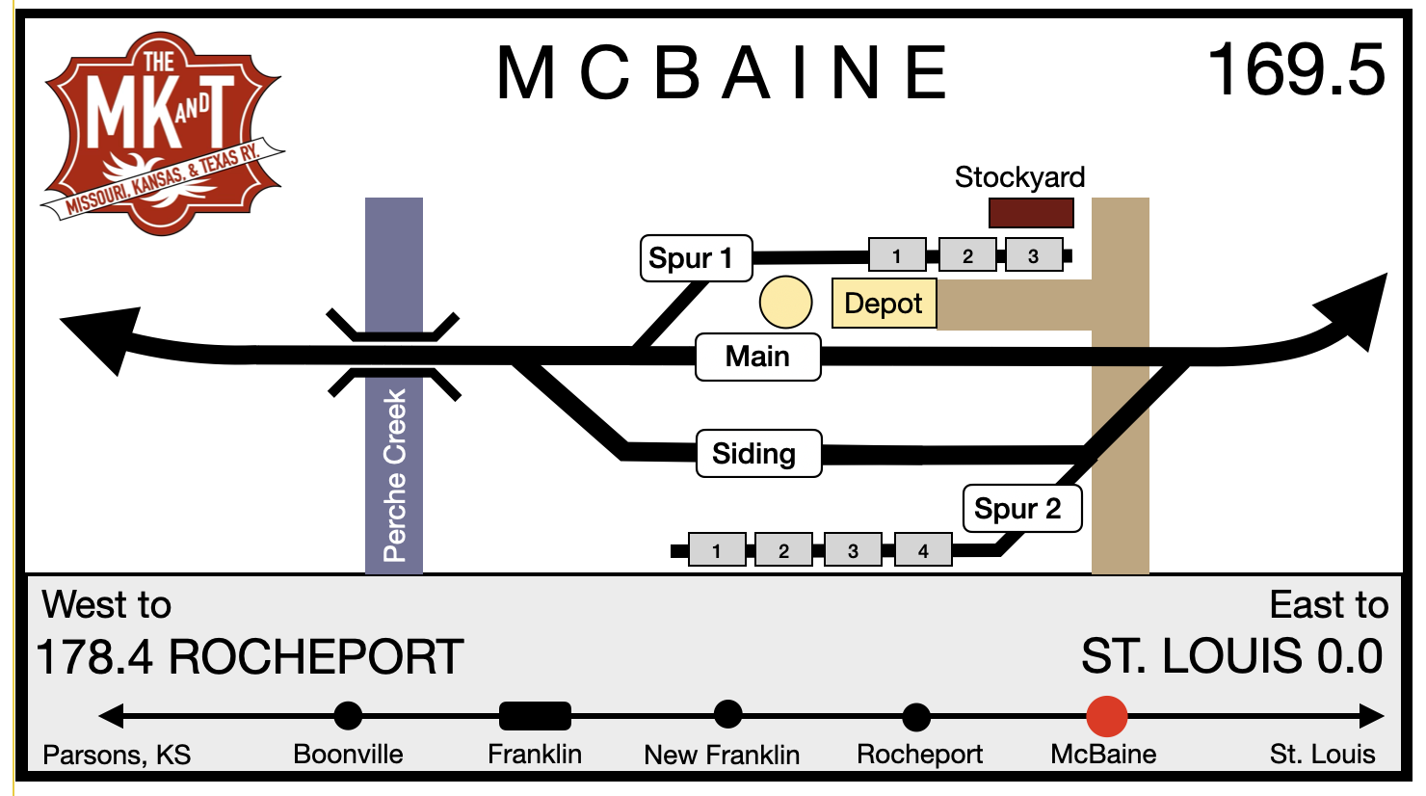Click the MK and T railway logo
point(161,134)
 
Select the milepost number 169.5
point(1296,70)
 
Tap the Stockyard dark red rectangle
point(1031,213)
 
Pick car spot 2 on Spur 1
point(967,255)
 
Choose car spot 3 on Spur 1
point(1034,255)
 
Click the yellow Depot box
point(884,304)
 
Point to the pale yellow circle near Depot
point(785,303)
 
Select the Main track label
point(758,358)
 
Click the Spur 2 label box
point(1021,509)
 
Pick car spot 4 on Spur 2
point(923,550)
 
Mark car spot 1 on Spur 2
point(717,550)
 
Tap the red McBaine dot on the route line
point(1106,716)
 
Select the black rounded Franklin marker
point(535,716)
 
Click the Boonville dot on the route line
point(348,716)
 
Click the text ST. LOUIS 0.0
point(1232,657)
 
